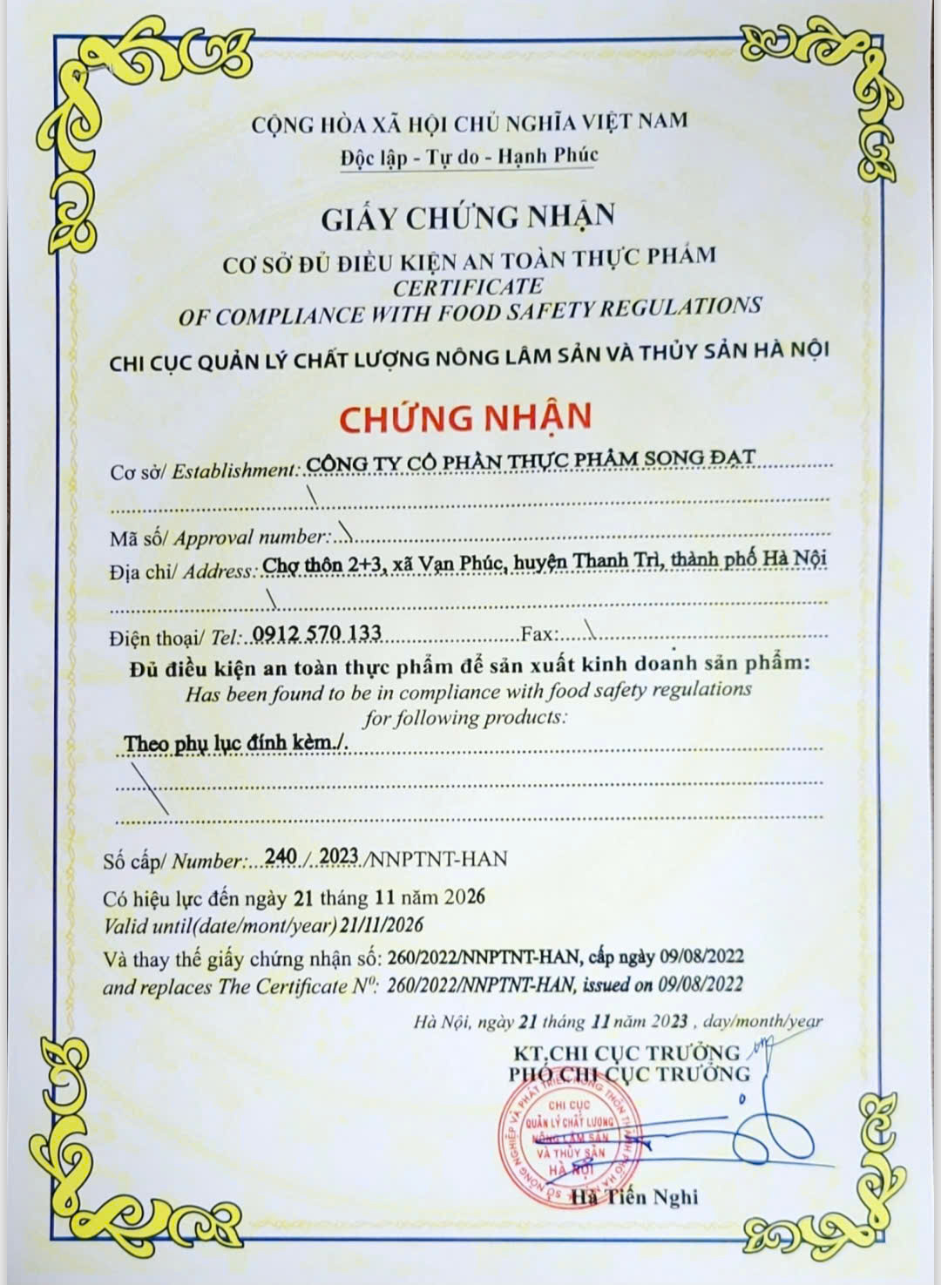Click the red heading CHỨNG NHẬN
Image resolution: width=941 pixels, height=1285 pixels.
(x=464, y=417)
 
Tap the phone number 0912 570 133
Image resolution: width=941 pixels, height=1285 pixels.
(x=316, y=633)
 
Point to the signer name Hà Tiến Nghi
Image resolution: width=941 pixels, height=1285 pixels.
(x=635, y=1198)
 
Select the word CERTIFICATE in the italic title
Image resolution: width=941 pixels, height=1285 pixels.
(x=468, y=286)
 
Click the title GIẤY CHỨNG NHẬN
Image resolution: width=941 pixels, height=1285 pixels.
(x=468, y=216)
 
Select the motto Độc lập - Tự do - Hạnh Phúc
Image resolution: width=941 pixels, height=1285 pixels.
(x=469, y=157)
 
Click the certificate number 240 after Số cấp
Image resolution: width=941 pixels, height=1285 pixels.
(x=281, y=857)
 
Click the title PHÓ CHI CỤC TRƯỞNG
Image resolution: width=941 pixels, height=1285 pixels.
(x=629, y=1073)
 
